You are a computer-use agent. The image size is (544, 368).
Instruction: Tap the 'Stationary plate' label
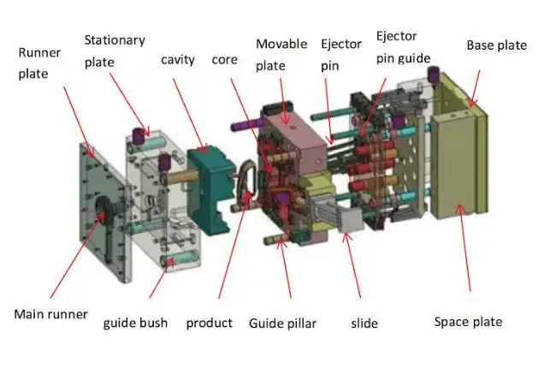pyautogui.click(x=114, y=50)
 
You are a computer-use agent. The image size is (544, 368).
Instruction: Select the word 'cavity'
pyautogui.click(x=178, y=59)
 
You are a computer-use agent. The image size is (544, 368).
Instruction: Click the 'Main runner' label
pyautogui.click(x=50, y=314)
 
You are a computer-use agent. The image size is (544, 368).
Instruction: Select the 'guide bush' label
pyautogui.click(x=135, y=323)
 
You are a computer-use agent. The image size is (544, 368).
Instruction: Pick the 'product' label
pyautogui.click(x=210, y=323)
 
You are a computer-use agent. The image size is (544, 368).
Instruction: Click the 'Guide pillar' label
pyautogui.click(x=283, y=323)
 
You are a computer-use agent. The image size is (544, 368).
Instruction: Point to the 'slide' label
pyautogui.click(x=364, y=323)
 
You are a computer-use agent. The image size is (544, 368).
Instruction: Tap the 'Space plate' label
pyautogui.click(x=468, y=321)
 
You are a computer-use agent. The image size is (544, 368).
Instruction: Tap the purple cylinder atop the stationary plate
pyautogui.click(x=137, y=135)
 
